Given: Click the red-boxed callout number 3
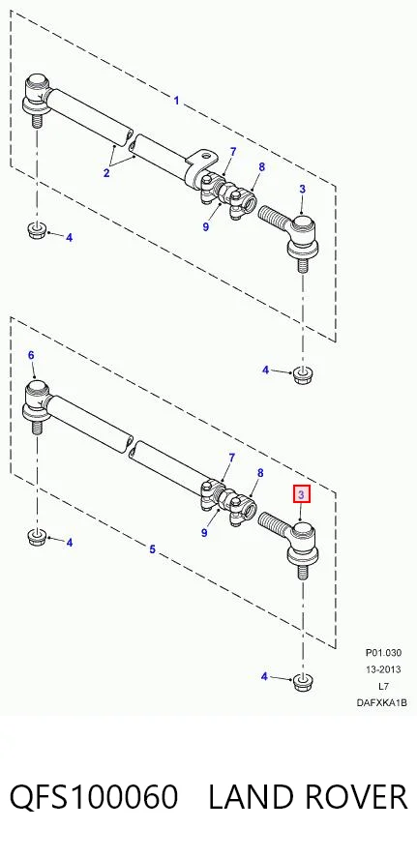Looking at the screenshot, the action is [x=301, y=494].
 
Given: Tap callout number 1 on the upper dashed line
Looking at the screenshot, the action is [x=176, y=101].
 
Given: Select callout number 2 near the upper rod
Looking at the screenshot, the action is [x=106, y=173].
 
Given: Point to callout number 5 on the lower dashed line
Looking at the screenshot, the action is [x=152, y=548].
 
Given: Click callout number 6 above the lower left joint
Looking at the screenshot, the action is [x=31, y=356].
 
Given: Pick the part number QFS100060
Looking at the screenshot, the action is [x=94, y=796].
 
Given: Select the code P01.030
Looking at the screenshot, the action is [x=383, y=652].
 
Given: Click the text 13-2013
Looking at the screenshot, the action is [x=383, y=668].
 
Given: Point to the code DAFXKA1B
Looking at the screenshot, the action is [x=382, y=703].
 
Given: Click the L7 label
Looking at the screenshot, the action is [x=383, y=686].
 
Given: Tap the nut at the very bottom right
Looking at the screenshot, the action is [x=300, y=682].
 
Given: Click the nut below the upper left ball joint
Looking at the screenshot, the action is [x=36, y=229].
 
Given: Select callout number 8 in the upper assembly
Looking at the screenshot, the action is [x=262, y=167].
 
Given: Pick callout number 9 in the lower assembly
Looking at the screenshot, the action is [x=204, y=532].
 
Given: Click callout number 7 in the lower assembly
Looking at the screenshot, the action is [x=231, y=458].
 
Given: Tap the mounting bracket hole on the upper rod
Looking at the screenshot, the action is [x=208, y=156].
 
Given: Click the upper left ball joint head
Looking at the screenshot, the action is [x=39, y=85].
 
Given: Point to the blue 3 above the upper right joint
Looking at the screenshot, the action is [x=302, y=189].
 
